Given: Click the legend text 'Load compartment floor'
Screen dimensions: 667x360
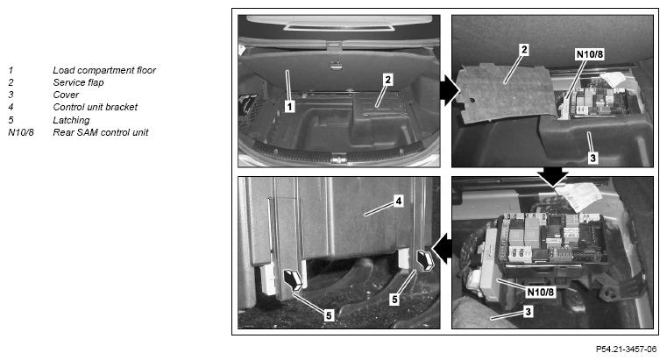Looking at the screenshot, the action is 104,70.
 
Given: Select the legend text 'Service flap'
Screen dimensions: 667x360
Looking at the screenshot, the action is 78,82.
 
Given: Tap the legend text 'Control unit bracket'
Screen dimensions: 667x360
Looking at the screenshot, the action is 96,107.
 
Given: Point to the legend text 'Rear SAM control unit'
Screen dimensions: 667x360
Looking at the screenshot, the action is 101,132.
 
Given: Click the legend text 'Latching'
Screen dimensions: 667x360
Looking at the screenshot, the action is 72,120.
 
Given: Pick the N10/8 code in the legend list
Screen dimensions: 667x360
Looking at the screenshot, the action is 21,132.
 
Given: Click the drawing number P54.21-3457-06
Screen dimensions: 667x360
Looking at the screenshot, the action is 626,349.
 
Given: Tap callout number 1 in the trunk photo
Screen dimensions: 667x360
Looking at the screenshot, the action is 290,106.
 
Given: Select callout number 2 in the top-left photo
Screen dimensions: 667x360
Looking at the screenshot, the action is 387,80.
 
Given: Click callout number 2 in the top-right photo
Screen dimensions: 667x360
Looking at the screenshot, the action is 524,49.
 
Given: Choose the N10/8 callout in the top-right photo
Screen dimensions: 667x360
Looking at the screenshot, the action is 590,54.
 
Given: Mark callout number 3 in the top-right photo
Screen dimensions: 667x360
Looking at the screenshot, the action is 592,159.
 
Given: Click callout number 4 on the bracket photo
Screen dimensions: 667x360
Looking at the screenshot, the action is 399,201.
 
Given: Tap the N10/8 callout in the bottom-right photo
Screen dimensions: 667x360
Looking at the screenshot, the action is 541,292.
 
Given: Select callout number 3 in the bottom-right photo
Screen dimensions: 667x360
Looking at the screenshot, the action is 528,312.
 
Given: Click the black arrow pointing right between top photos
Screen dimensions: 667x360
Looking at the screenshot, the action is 449,90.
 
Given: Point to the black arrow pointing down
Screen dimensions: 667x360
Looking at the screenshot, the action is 552,175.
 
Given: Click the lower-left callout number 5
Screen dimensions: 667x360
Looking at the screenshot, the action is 329,315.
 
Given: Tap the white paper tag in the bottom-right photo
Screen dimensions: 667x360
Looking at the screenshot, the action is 580,196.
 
